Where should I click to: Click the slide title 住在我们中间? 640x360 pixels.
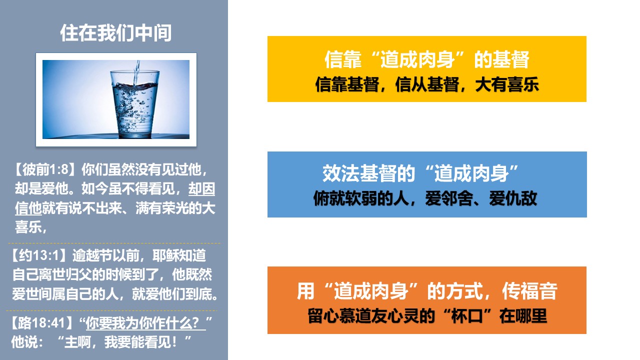115,33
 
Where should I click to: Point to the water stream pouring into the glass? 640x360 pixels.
137,72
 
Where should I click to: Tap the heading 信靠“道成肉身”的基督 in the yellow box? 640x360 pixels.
427,59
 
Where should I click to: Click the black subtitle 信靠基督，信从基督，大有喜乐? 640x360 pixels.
427,84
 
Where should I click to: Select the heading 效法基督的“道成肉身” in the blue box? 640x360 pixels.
420,173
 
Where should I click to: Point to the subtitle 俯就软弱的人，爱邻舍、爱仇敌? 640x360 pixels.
425,198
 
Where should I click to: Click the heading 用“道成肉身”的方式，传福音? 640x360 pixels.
427,291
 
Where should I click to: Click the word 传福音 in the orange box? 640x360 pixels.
529,291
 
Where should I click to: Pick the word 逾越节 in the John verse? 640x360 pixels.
92,255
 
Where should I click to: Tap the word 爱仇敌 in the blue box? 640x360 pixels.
513,198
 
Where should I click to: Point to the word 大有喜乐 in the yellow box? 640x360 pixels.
507,84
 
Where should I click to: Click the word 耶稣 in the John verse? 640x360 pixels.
165,255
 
